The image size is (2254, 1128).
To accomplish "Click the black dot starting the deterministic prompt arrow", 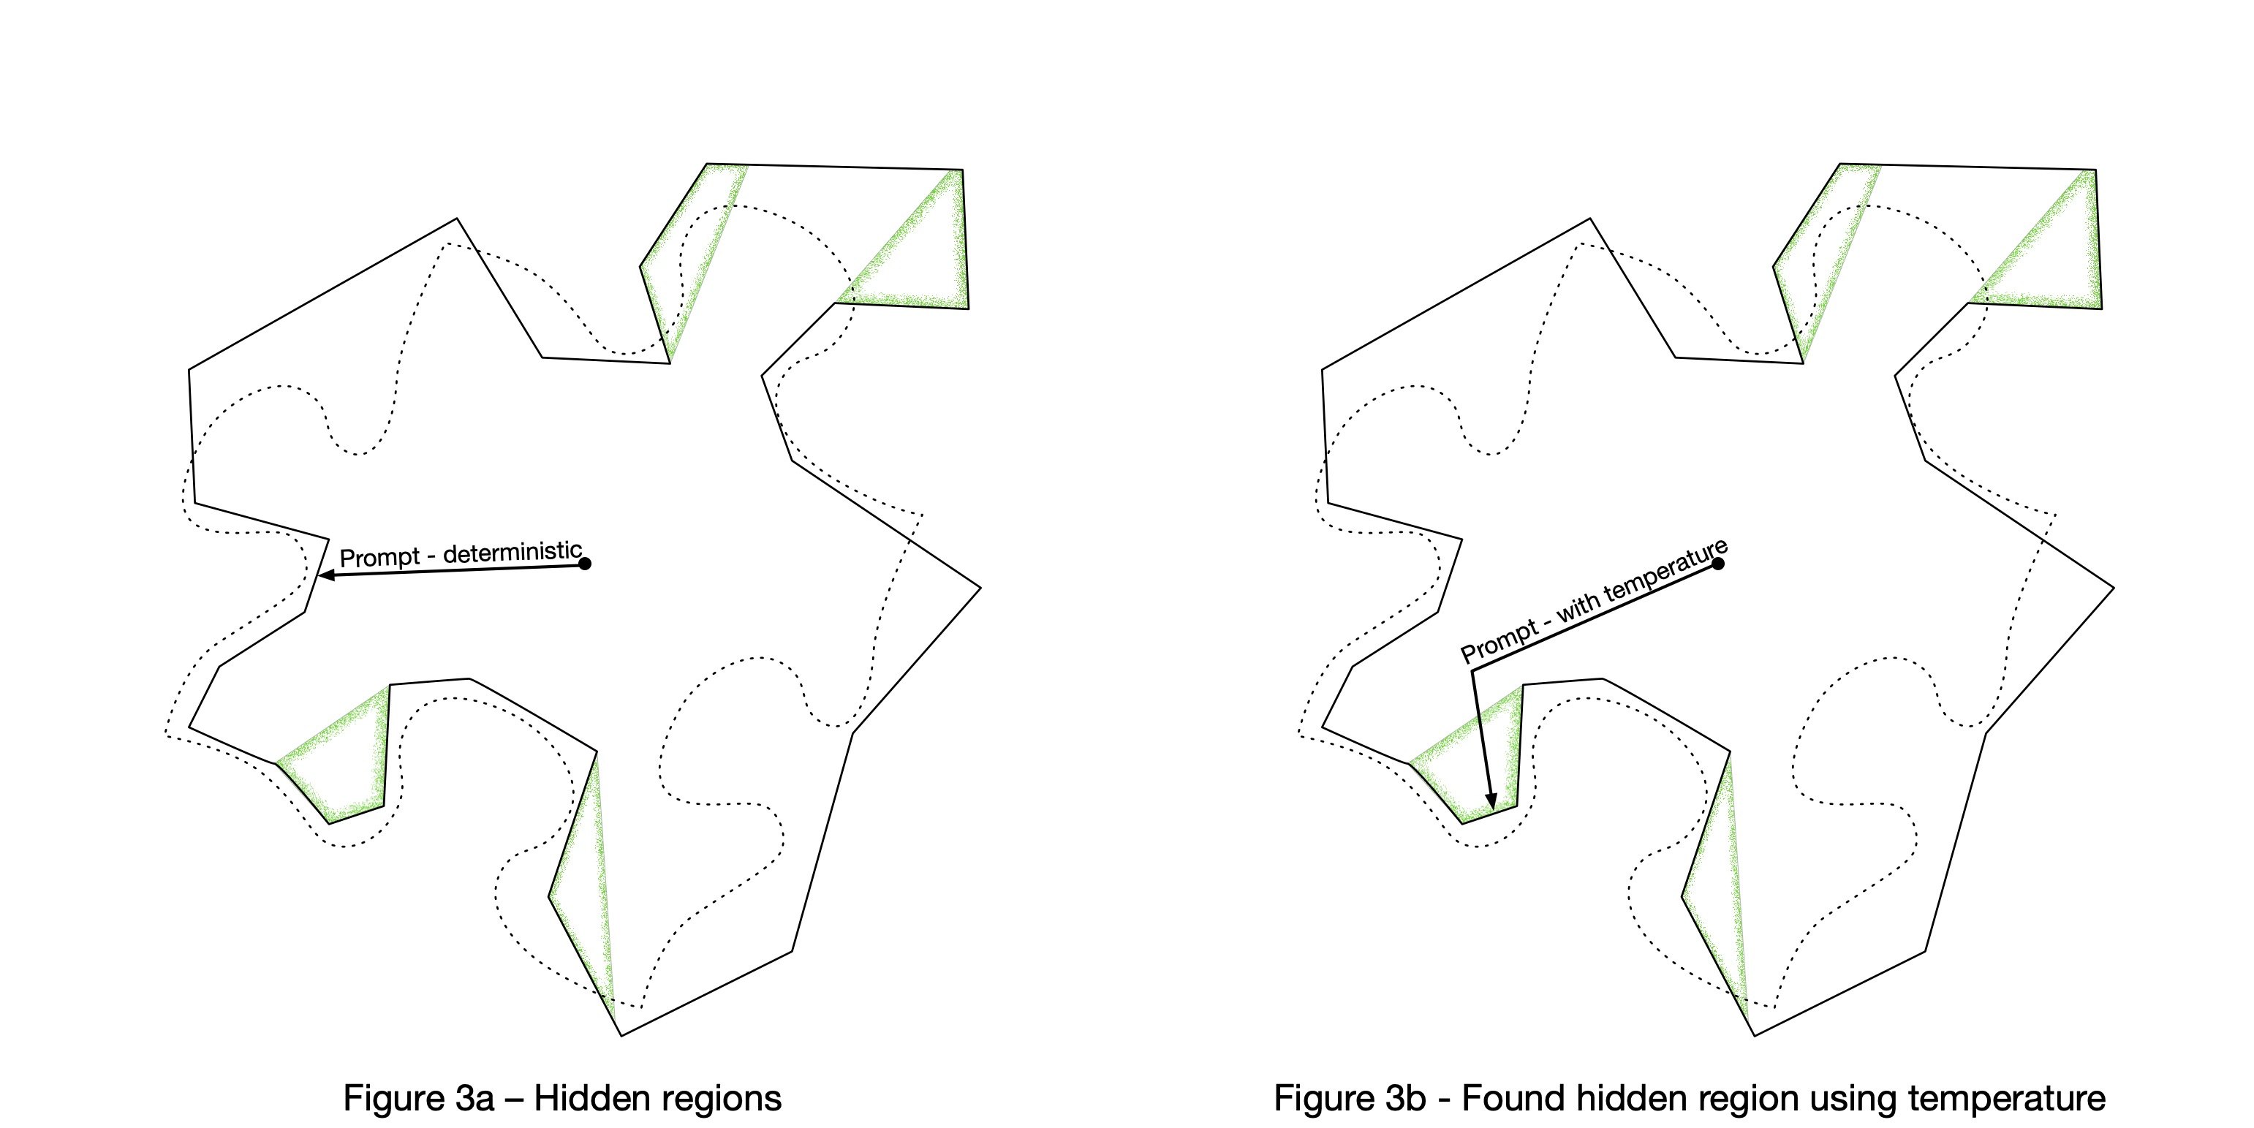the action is (x=586, y=564).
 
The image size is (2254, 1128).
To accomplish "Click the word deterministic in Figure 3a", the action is (x=513, y=552).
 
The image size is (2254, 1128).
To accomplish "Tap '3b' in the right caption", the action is (x=1406, y=1098).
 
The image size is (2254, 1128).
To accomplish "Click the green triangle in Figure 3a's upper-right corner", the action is (x=919, y=254).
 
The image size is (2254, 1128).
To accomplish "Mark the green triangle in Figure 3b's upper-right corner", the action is (x=2052, y=254).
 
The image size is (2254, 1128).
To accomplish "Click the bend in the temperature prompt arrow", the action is (x=1472, y=671).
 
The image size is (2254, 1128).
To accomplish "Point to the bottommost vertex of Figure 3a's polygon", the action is (x=622, y=1036).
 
